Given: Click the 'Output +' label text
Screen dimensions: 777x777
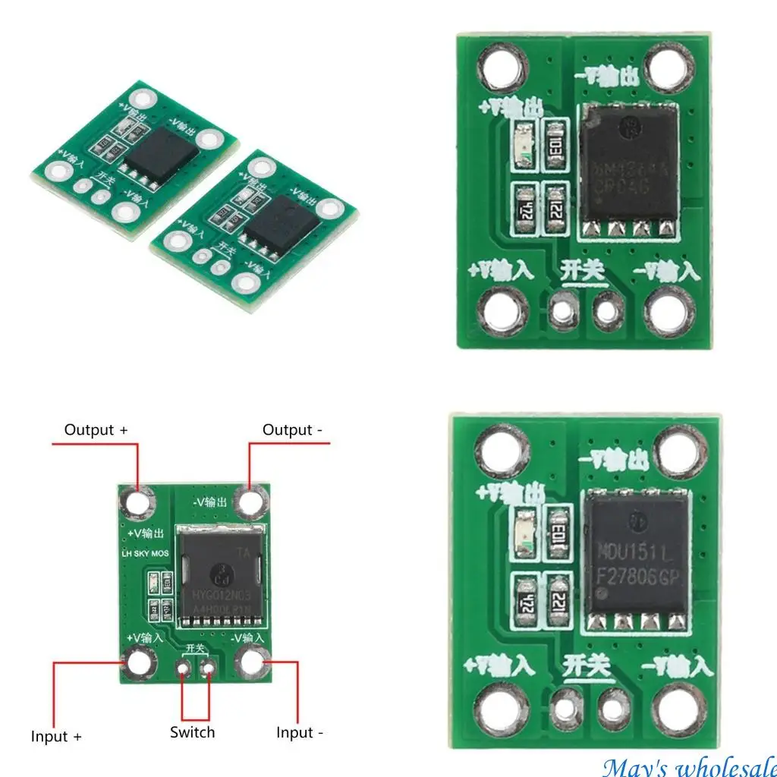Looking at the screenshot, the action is click(96, 430).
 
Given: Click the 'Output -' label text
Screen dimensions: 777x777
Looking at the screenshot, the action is click(292, 430).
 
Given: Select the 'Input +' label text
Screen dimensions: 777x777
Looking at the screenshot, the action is click(56, 736).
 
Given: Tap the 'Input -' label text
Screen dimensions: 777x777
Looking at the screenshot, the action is click(300, 733).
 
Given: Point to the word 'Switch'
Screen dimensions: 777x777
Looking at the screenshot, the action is click(192, 732).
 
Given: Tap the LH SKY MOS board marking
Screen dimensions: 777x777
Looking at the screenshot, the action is click(146, 554).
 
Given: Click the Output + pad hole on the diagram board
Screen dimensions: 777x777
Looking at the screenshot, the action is click(139, 502).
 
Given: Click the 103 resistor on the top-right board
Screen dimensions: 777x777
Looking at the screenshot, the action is click(556, 140).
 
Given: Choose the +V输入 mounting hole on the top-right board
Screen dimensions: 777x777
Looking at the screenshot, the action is click(504, 311).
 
